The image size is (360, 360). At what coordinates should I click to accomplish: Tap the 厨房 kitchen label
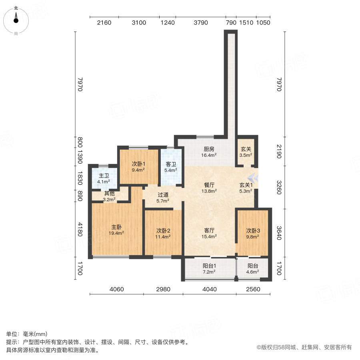click(x=209, y=149)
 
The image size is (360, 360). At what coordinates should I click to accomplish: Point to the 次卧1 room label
click(x=138, y=164)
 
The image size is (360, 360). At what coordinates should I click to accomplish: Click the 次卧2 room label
click(x=163, y=230)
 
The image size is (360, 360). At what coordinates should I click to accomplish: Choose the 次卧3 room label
click(x=253, y=230)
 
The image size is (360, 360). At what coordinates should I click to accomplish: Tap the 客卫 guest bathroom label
click(x=171, y=164)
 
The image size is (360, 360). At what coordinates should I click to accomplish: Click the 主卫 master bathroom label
click(x=104, y=175)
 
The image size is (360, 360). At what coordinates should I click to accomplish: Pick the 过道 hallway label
click(x=162, y=195)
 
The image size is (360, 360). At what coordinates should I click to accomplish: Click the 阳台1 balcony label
click(x=209, y=266)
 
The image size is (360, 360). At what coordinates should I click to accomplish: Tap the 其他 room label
click(x=109, y=193)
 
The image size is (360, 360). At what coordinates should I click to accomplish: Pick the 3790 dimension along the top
click(x=201, y=22)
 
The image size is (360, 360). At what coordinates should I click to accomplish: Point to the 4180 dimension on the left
click(x=80, y=230)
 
